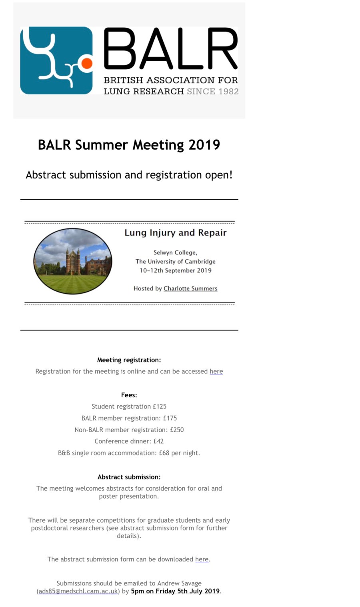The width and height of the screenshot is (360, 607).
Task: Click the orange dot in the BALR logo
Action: coord(86,63)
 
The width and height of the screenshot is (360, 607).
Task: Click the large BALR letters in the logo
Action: coord(171,49)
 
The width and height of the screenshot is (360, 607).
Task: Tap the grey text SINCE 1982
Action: coord(212,92)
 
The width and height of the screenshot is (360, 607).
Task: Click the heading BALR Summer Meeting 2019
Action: coord(129,145)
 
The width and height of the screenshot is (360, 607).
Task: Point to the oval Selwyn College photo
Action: coord(73,261)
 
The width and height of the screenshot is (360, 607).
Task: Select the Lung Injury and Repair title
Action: coord(175,233)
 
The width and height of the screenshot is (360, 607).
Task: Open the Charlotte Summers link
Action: coord(190,288)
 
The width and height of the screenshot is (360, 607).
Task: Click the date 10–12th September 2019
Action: coord(175,270)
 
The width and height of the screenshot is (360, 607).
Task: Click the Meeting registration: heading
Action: coord(129,360)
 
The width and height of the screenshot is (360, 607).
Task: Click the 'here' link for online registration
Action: coord(216,371)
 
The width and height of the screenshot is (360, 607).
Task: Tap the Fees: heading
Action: coord(129,395)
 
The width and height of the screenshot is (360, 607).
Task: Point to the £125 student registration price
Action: coord(160,407)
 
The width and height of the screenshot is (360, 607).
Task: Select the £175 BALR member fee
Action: coord(170,418)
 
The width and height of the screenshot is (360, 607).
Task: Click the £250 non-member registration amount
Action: coord(177,430)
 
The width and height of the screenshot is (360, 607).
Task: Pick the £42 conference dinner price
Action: coord(159,441)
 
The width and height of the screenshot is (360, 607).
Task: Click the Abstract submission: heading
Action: coord(129,477)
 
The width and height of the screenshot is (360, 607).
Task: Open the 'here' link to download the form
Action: coord(202,559)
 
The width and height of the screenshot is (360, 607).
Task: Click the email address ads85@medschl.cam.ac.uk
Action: coord(78,591)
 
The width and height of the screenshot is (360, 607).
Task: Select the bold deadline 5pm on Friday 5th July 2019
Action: coord(176,591)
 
